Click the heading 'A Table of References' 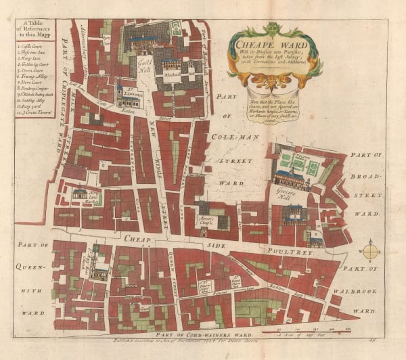tap(32, 30)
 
